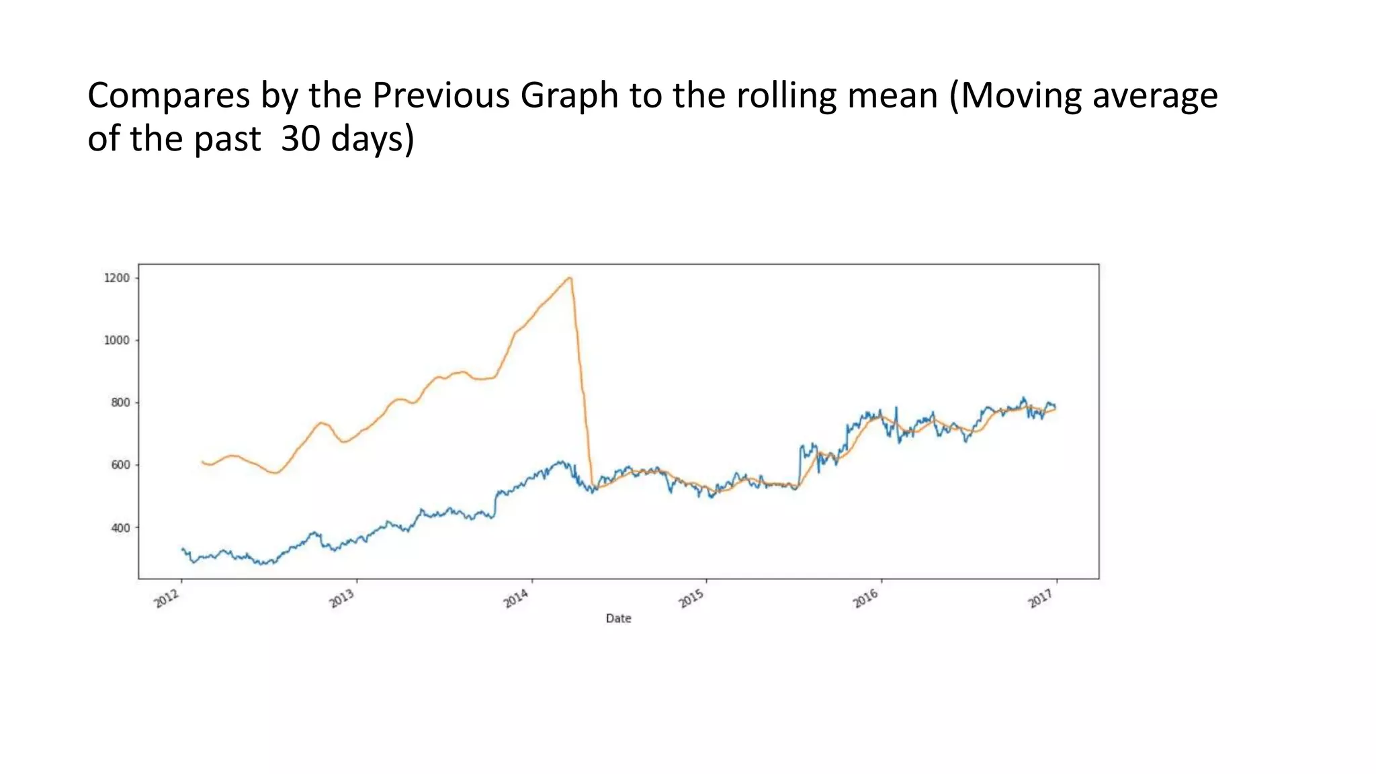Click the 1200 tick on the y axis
pyautogui.click(x=116, y=278)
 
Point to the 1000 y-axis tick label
pyautogui.click(x=116, y=341)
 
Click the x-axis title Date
pyautogui.click(x=618, y=618)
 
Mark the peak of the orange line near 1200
pyautogui.click(x=570, y=277)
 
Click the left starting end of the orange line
pyautogui.click(x=202, y=462)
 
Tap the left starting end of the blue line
pyautogui.click(x=182, y=549)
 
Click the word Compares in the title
pyautogui.click(x=168, y=96)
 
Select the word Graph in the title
pyautogui.click(x=568, y=96)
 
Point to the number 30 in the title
pyautogui.click(x=300, y=139)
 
